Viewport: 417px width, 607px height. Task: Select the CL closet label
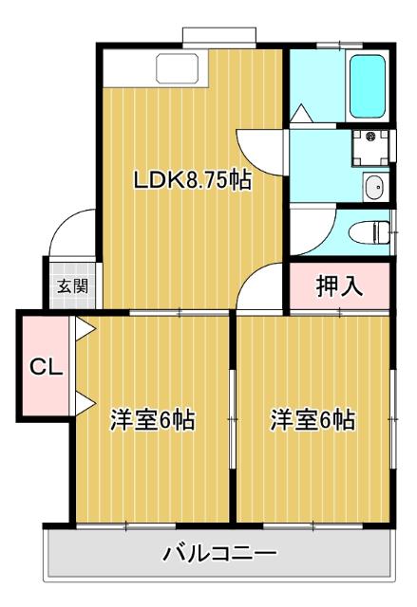click(44, 366)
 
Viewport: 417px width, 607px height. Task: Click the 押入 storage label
click(339, 286)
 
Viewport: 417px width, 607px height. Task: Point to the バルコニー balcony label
click(218, 553)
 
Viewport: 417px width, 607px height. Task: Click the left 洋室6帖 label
click(152, 419)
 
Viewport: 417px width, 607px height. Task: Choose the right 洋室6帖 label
click(313, 419)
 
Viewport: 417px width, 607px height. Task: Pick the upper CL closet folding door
click(84, 331)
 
